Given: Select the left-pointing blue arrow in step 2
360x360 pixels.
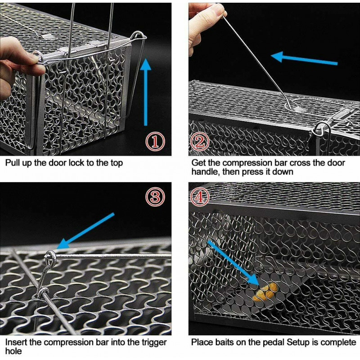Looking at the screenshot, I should [x=304, y=59].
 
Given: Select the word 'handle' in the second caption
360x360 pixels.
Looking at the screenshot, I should [x=205, y=171].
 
